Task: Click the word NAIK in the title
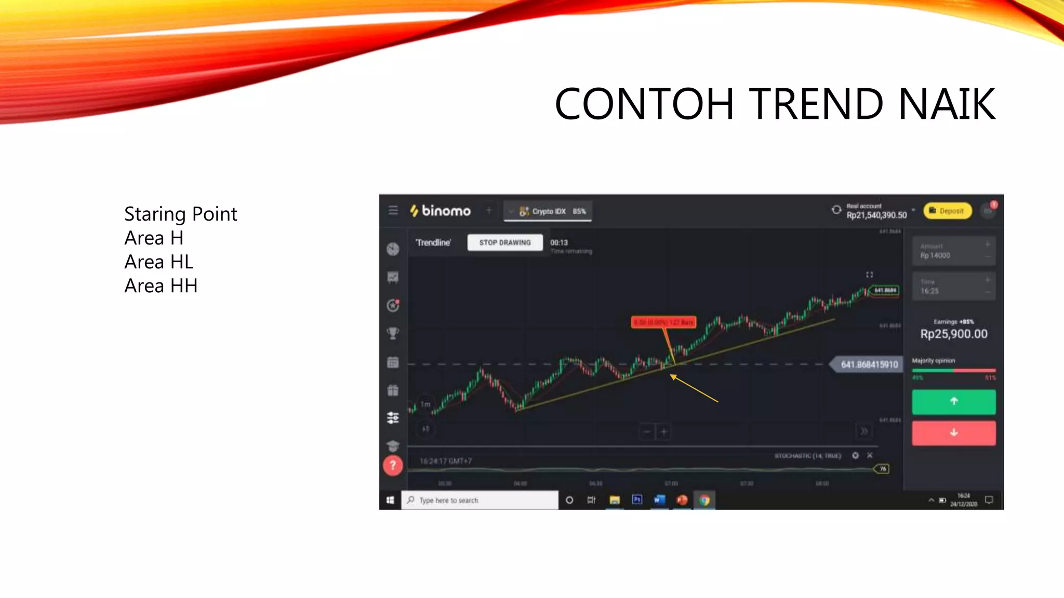[947, 104]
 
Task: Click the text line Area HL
[159, 262]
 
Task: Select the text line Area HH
[161, 286]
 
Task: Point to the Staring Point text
[181, 214]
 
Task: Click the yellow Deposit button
[947, 211]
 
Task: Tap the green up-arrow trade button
[953, 401]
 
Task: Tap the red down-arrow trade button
[953, 432]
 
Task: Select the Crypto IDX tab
[548, 211]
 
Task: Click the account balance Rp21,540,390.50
[876, 215]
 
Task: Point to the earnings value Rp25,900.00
[953, 334]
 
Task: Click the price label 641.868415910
[869, 364]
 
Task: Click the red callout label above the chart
[663, 322]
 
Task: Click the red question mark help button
[393, 465]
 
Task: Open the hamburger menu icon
[393, 210]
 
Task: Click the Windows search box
[480, 500]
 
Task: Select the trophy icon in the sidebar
[393, 333]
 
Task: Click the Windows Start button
[390, 500]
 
